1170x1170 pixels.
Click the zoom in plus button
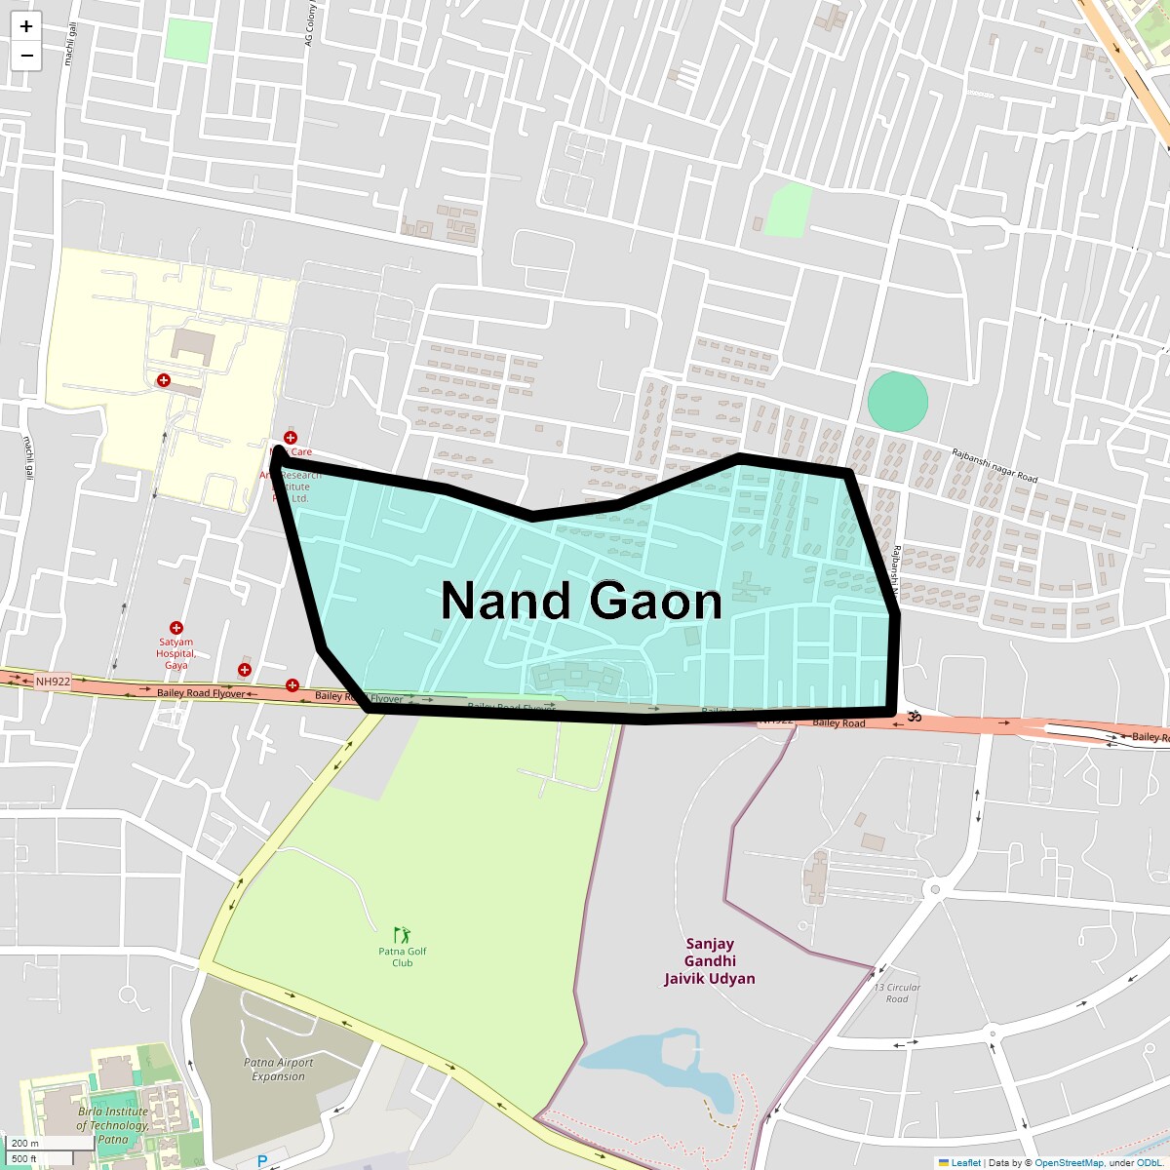pyautogui.click(x=26, y=26)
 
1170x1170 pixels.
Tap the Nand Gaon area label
pyautogui.click(x=581, y=601)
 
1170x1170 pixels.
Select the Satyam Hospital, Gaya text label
pyautogui.click(x=176, y=653)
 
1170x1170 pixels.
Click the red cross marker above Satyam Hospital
pyautogui.click(x=176, y=628)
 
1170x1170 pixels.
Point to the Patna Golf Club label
pyautogui.click(x=403, y=956)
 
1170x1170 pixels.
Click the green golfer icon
pyautogui.click(x=403, y=936)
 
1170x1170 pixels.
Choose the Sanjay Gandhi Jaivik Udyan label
pyautogui.click(x=710, y=961)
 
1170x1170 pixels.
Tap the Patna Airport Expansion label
pyautogui.click(x=282, y=1070)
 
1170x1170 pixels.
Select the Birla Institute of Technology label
pyautogui.click(x=113, y=1125)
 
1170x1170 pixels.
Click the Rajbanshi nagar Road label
pyautogui.click(x=994, y=465)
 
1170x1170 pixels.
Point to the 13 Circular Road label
pyautogui.click(x=897, y=993)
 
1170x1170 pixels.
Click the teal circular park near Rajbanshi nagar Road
pyautogui.click(x=897, y=402)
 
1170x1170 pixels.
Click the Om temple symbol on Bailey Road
pyautogui.click(x=915, y=717)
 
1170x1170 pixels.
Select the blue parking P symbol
pyautogui.click(x=261, y=1161)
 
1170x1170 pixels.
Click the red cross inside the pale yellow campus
pyautogui.click(x=164, y=380)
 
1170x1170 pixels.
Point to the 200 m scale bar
pyautogui.click(x=39, y=1144)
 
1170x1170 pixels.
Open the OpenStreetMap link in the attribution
pyautogui.click(x=1069, y=1162)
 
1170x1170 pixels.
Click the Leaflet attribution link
pyautogui.click(x=965, y=1162)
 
